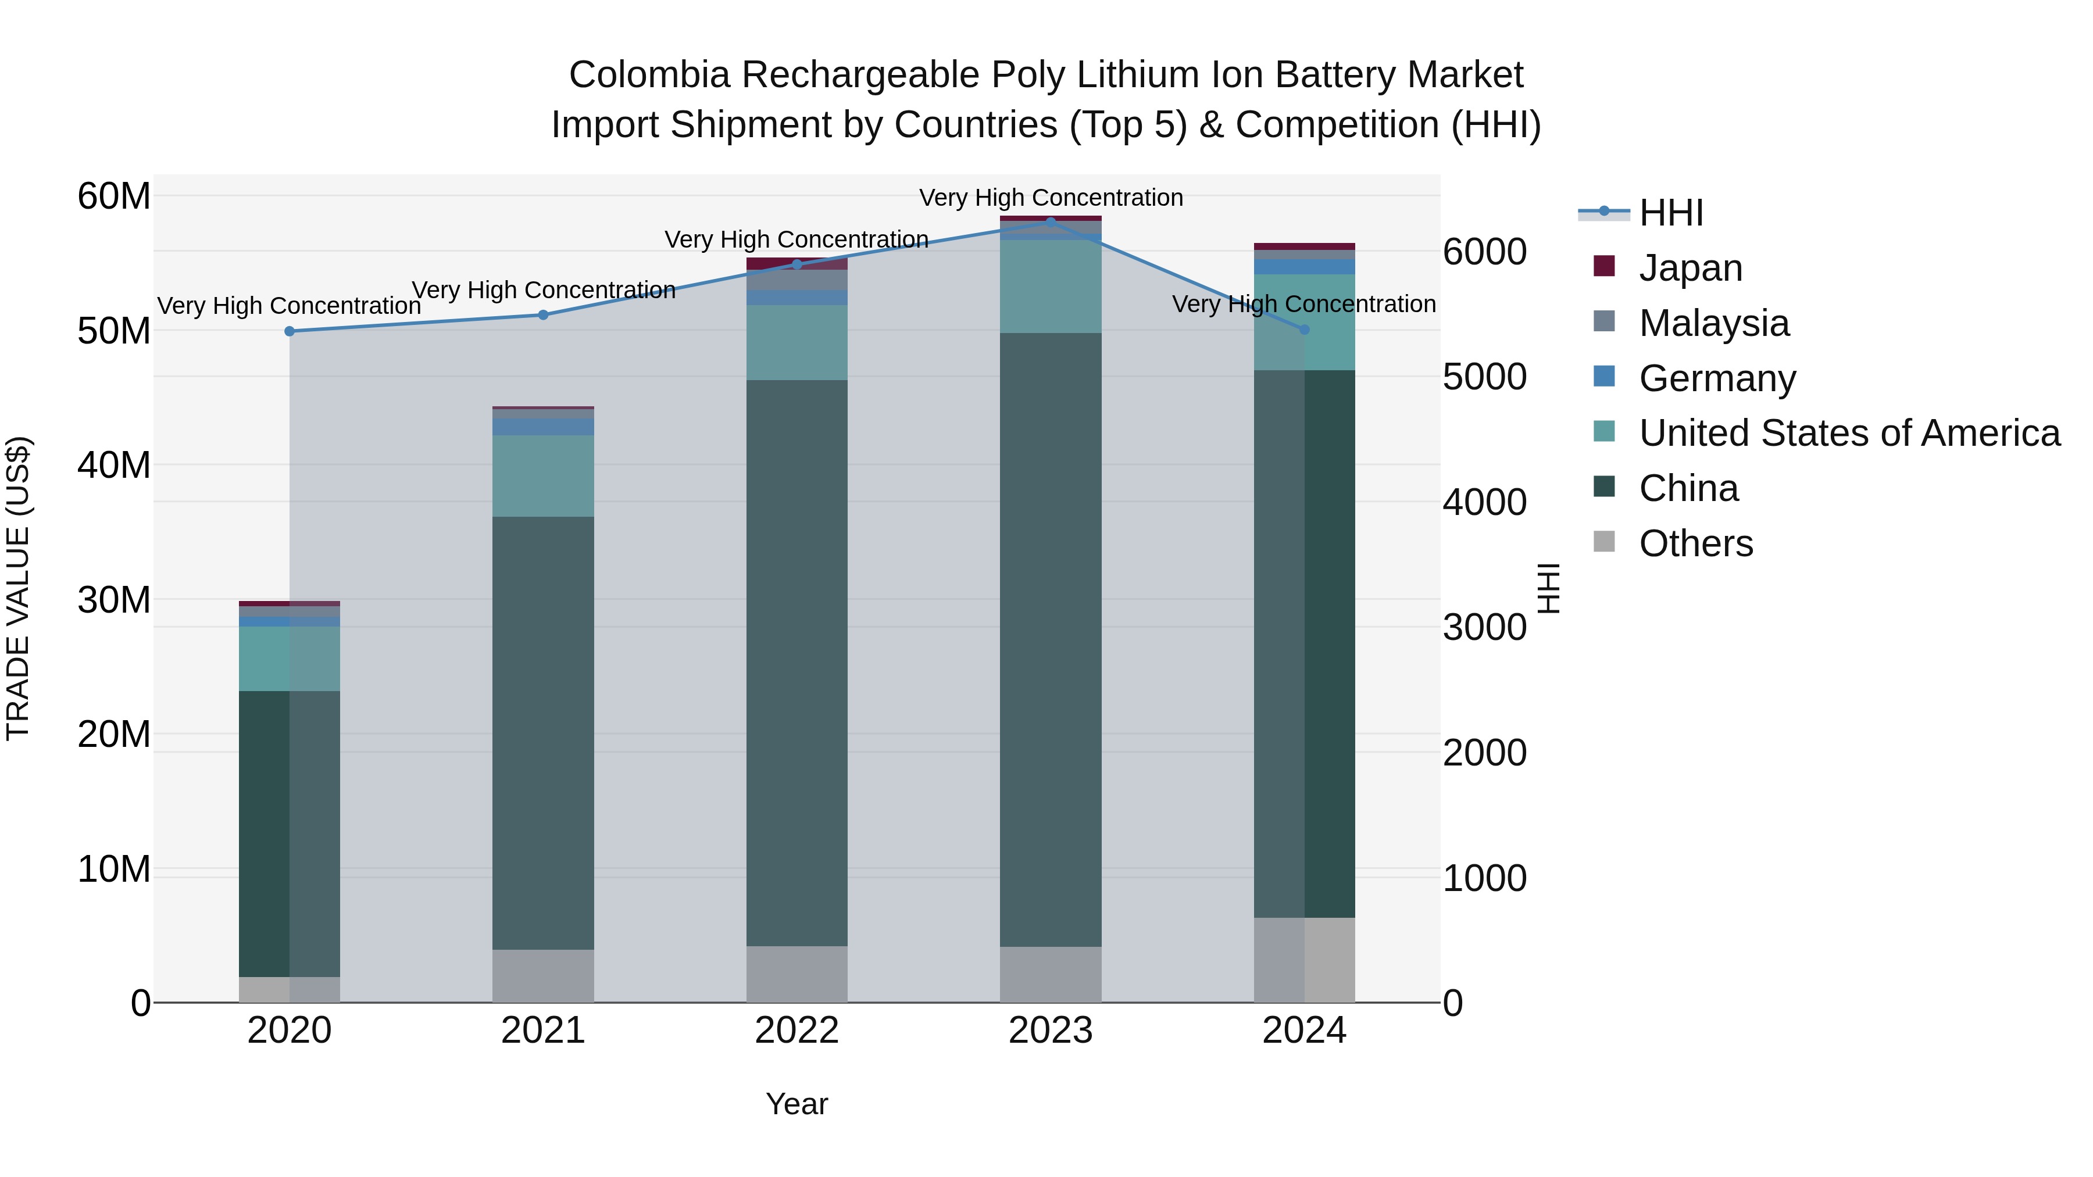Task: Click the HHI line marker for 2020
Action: point(290,331)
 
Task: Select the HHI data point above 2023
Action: point(1051,222)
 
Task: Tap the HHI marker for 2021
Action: point(544,315)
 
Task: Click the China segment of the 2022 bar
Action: point(797,662)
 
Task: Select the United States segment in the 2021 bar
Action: point(543,476)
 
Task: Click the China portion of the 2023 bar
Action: point(1051,639)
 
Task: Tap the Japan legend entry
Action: point(1690,268)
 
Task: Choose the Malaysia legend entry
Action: point(1713,323)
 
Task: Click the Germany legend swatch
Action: point(1604,377)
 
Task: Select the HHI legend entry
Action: point(1670,213)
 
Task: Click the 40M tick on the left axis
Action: point(114,466)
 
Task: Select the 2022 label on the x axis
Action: point(797,1031)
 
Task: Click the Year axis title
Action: point(797,1104)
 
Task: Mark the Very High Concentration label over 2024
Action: point(1303,305)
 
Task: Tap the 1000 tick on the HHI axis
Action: point(1484,878)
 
